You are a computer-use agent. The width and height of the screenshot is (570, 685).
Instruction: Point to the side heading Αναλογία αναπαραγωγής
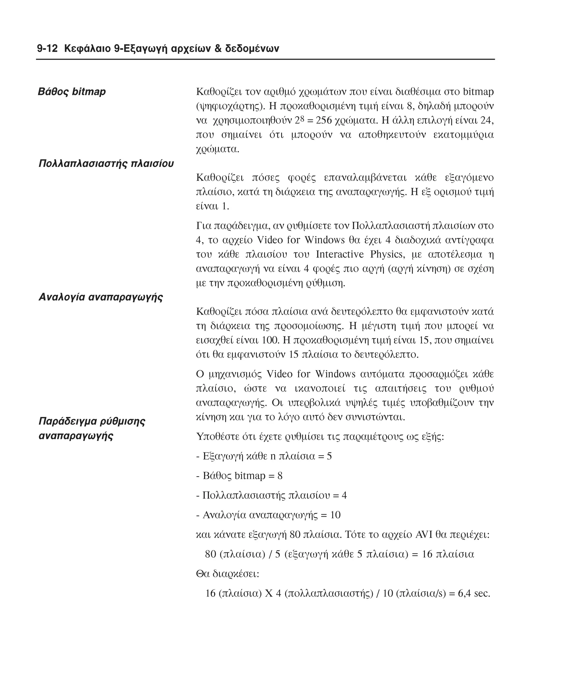tap(101, 297)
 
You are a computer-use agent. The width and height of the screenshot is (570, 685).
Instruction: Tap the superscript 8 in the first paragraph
tap(302, 118)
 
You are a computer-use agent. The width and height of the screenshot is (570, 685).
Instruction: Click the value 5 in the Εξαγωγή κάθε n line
tap(329, 456)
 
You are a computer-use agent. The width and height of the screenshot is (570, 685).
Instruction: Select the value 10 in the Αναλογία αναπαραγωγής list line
tap(335, 515)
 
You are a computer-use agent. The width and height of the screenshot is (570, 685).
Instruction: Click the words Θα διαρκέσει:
tap(227, 574)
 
